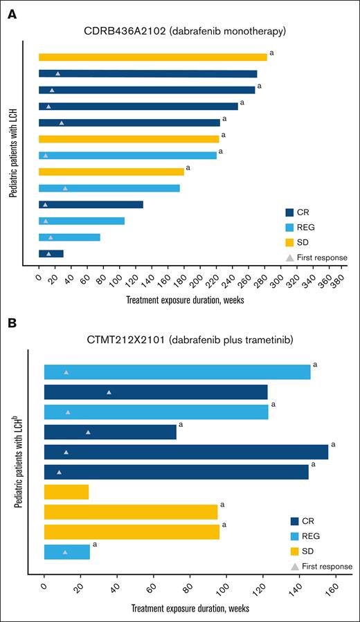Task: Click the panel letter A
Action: click(12, 13)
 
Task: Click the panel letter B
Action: click(12, 323)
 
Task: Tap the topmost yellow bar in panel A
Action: click(152, 57)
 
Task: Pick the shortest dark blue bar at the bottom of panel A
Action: click(51, 253)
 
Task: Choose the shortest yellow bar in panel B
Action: click(66, 492)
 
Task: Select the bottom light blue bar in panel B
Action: click(66, 552)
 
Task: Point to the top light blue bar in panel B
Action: click(177, 372)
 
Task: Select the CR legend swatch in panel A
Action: click(290, 212)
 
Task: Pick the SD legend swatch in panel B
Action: click(295, 551)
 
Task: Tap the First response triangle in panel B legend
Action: click(295, 567)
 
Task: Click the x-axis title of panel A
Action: click(185, 301)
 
